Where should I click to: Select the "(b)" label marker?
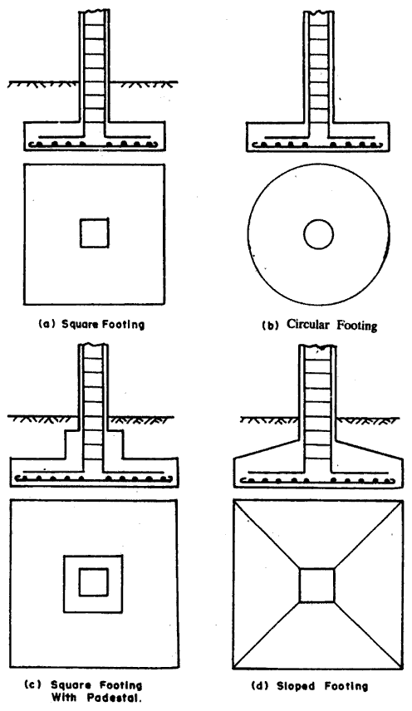pyautogui.click(x=270, y=326)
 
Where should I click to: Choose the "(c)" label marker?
pyautogui.click(x=30, y=685)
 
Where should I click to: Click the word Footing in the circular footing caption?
pyautogui.click(x=359, y=326)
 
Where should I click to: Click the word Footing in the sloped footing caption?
pyautogui.click(x=346, y=686)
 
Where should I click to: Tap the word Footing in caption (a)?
pyautogui.click(x=122, y=325)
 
